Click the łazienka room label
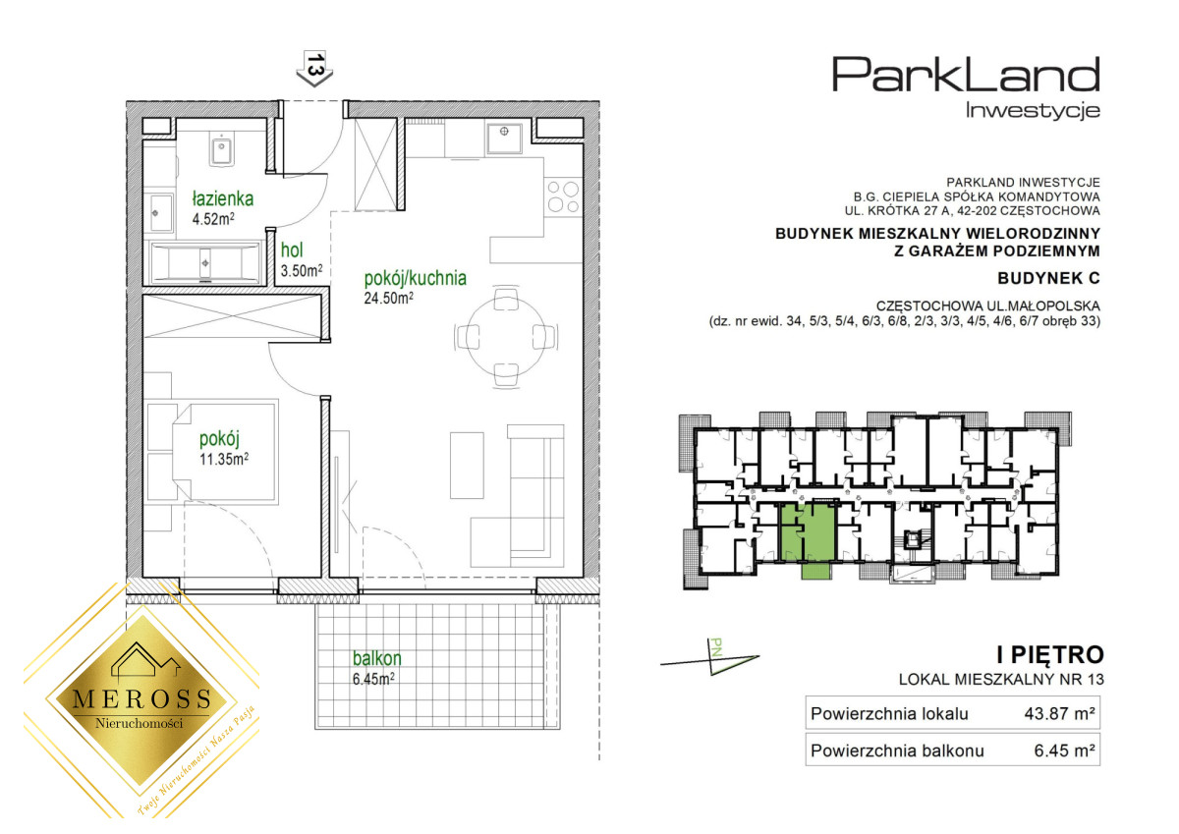(x=223, y=198)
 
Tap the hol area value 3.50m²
(x=302, y=270)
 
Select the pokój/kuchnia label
(x=416, y=278)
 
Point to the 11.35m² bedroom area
(x=224, y=459)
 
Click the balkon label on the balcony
(x=377, y=658)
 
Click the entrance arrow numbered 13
(x=314, y=69)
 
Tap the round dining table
(x=506, y=336)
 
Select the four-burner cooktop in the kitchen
(x=563, y=196)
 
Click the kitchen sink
(x=504, y=138)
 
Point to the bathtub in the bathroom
(x=205, y=262)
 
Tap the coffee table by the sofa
(x=467, y=466)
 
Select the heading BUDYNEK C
(x=1048, y=278)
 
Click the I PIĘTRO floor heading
(x=1050, y=655)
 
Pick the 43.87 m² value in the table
(x=1059, y=713)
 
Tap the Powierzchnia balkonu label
(x=897, y=751)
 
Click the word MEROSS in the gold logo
(x=142, y=698)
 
